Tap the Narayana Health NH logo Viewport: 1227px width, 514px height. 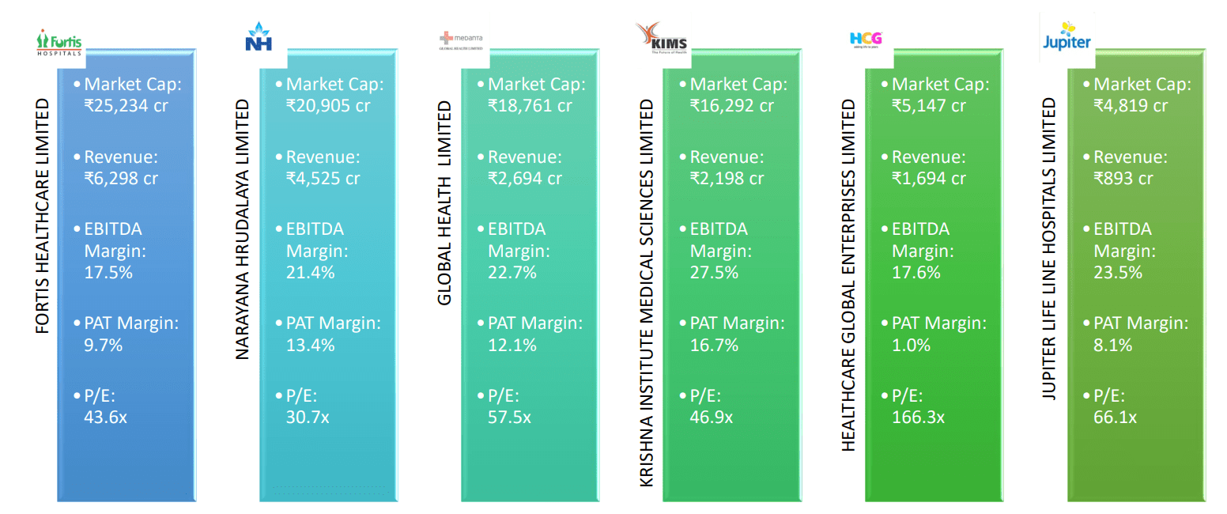click(259, 38)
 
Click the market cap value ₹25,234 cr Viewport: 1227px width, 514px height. click(126, 104)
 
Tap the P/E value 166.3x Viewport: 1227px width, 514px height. click(918, 417)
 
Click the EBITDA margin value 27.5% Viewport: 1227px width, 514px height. click(714, 272)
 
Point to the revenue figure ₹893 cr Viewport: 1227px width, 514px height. click(1123, 178)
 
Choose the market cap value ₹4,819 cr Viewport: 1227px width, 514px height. click(1131, 104)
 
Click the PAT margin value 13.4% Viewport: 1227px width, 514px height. click(310, 345)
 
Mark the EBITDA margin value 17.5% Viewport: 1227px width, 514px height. click(108, 272)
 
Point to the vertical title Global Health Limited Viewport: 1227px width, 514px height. click(444, 202)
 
